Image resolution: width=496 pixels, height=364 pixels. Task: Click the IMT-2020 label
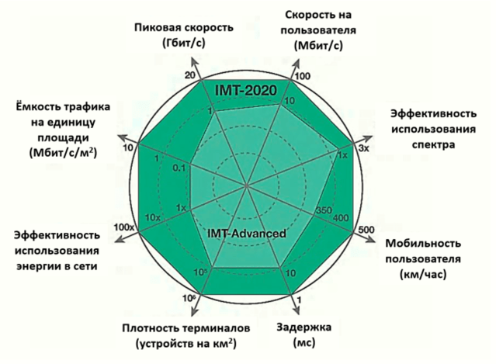247,92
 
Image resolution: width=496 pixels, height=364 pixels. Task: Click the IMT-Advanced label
248,233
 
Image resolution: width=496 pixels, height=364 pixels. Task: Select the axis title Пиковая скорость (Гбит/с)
182,34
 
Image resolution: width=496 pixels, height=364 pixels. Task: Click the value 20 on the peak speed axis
189,75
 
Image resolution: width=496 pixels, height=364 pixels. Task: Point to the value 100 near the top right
303,77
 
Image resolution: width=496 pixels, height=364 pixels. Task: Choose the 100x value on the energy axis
124,227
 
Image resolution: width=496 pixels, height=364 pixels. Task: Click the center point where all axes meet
248,185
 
